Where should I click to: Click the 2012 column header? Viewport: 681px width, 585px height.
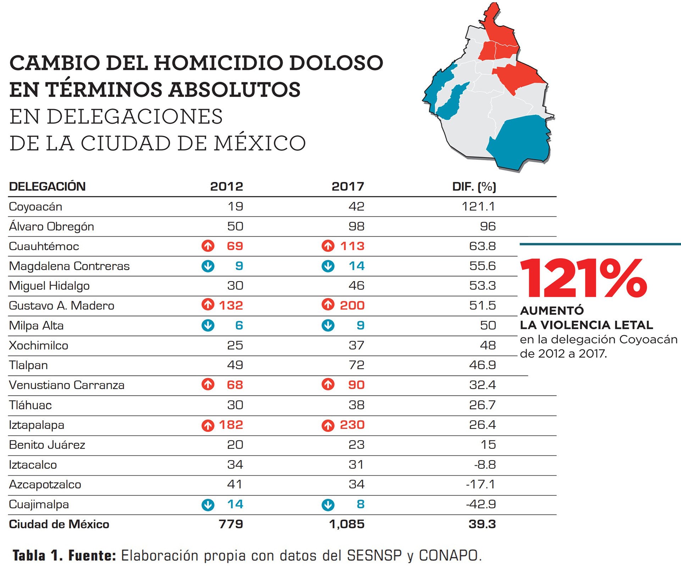click(x=226, y=186)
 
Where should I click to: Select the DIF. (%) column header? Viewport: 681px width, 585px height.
click(x=474, y=186)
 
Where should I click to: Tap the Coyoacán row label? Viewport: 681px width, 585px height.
click(x=35, y=207)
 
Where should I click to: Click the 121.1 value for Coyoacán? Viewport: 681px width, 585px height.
click(x=478, y=206)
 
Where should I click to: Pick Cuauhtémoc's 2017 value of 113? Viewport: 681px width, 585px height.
click(x=352, y=246)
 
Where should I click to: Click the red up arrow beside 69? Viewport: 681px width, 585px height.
click(x=208, y=246)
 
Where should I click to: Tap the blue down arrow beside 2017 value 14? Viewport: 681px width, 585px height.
click(x=328, y=266)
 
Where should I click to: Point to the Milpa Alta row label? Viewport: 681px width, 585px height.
click(x=36, y=326)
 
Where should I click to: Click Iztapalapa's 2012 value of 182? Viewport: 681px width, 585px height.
click(x=231, y=425)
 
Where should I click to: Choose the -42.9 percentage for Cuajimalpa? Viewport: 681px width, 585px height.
click(x=481, y=504)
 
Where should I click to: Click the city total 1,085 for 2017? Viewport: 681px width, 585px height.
click(x=347, y=524)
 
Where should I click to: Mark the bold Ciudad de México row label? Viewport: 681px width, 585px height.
click(x=59, y=524)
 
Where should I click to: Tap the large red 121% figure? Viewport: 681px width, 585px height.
click(x=583, y=278)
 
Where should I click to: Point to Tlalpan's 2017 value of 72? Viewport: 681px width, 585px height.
click(x=356, y=365)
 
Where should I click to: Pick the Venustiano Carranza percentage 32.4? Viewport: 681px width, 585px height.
click(x=482, y=385)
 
